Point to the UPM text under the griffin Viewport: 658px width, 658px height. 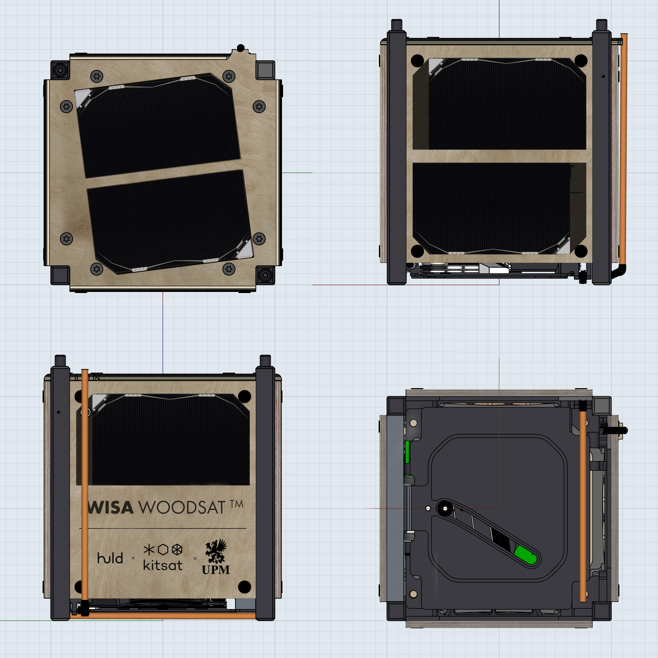pos(216,570)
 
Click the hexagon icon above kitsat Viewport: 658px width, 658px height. pos(163,549)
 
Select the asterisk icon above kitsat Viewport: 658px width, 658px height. pos(149,549)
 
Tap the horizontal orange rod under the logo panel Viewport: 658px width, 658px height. pos(170,615)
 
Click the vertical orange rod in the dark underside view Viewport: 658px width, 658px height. pos(583,504)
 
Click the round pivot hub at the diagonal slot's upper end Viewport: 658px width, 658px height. pos(445,508)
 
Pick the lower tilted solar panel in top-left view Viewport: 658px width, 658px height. pos(169,220)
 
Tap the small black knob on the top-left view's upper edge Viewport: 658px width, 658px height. pos(241,48)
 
